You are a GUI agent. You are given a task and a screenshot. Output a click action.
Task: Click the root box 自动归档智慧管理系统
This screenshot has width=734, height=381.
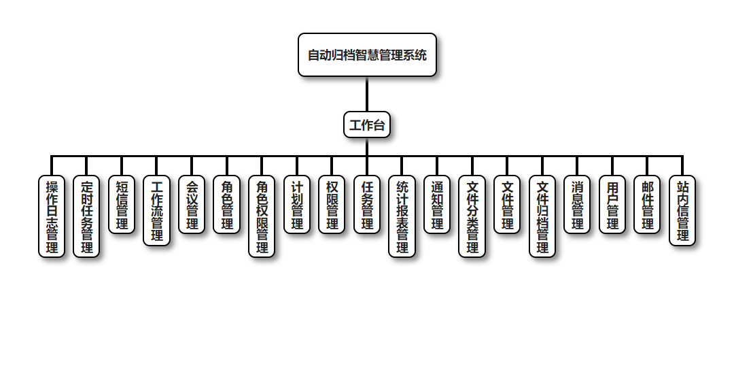(x=367, y=55)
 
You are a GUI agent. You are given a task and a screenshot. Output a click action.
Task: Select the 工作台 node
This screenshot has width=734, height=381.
(x=367, y=125)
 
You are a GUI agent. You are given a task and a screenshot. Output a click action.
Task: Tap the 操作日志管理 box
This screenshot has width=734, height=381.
(x=52, y=216)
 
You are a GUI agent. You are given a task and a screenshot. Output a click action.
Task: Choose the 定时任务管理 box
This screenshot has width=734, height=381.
(x=86, y=216)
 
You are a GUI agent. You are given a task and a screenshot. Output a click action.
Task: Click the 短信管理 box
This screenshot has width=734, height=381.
(x=122, y=205)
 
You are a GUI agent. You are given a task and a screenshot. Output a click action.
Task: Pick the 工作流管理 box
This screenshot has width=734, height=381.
(x=157, y=210)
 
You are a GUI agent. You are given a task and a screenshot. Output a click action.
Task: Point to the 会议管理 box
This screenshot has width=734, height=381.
(x=192, y=205)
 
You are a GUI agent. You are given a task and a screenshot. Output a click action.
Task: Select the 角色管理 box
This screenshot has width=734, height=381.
(x=227, y=205)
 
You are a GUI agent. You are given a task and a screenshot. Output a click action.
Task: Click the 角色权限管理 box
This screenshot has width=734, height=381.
(x=262, y=216)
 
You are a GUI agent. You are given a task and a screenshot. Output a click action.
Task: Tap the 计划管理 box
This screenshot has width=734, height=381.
(x=297, y=205)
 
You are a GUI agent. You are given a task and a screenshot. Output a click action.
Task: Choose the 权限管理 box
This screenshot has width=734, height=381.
(x=332, y=205)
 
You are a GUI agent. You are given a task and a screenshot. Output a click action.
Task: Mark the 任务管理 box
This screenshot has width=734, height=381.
(x=367, y=205)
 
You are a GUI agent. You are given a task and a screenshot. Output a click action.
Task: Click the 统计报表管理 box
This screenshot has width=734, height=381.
(x=402, y=216)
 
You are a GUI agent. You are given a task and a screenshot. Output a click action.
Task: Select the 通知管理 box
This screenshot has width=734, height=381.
(x=437, y=205)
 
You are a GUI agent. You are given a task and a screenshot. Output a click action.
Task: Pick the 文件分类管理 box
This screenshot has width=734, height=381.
(x=472, y=216)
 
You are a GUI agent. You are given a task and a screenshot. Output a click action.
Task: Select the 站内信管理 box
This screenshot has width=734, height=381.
(x=682, y=210)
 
